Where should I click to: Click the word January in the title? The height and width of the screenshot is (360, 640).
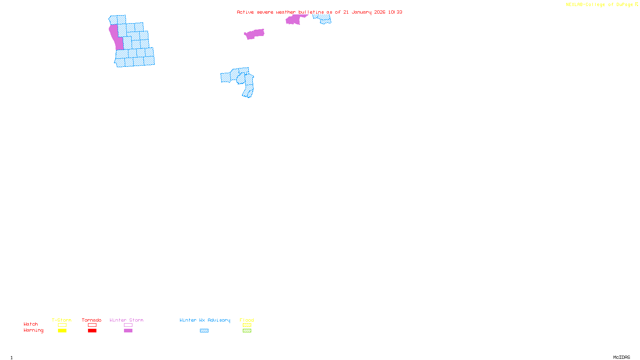(361, 12)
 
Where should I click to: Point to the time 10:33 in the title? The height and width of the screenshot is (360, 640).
(395, 12)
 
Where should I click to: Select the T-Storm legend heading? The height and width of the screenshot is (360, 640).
(62, 320)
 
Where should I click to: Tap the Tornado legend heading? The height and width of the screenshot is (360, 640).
(92, 320)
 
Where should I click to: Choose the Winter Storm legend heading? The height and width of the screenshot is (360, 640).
(126, 320)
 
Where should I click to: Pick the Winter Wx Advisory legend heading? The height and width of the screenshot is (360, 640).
(205, 320)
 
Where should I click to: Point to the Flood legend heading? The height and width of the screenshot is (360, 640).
(247, 320)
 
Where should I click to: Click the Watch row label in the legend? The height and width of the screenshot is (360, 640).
(31, 324)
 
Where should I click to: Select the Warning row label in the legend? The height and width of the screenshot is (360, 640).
(34, 330)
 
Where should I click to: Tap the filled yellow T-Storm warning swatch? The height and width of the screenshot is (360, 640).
(62, 331)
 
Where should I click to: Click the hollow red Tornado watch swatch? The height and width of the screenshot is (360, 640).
(92, 325)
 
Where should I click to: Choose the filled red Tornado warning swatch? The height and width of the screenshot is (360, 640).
(92, 331)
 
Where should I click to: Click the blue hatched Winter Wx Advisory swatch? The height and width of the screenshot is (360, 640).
(204, 331)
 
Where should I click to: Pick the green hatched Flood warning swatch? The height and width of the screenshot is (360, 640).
(247, 331)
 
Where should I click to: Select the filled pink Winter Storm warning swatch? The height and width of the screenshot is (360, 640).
(128, 331)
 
